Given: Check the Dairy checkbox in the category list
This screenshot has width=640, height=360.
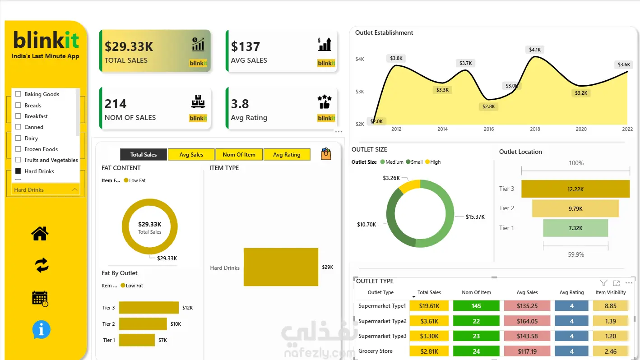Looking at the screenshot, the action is point(18,138).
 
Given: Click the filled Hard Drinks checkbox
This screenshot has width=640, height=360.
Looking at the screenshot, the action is point(18,171).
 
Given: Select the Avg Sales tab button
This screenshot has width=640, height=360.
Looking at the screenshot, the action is point(191,154).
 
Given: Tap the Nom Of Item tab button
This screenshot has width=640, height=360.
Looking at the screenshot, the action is point(239,154).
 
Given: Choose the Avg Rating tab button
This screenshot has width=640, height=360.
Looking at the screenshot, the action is point(287,154).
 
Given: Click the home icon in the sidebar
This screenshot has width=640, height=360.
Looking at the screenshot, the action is point(40,234).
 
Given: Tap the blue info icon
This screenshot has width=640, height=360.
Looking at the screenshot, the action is point(42,329).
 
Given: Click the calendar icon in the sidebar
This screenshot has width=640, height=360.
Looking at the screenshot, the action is point(40,299).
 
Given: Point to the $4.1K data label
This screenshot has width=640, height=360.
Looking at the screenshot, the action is point(535,50).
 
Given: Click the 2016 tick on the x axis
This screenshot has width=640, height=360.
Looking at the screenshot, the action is point(488,129).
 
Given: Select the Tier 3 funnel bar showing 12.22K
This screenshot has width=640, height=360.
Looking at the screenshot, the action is point(575,189).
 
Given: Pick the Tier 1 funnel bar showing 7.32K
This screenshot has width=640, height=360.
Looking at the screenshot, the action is point(575,228).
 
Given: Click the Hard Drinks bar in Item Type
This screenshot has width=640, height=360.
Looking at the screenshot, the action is point(281,267).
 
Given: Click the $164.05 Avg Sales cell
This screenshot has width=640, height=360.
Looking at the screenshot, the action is point(527,321).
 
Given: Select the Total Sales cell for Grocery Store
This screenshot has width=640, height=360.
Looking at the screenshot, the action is point(429,351).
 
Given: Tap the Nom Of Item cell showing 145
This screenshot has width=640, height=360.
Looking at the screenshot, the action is point(476,306).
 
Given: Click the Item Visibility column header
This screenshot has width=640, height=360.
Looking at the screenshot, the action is point(611,292).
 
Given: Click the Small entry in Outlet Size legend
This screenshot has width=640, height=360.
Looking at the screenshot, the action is point(414,162).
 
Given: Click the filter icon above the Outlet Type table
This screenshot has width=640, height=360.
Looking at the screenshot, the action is point(603,283).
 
